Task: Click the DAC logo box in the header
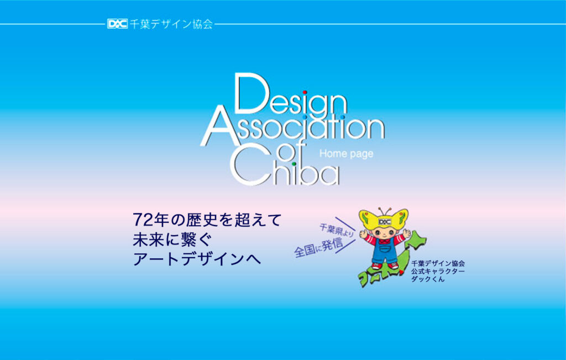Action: (117, 24)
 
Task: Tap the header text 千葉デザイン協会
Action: (171, 24)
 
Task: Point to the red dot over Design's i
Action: (305, 92)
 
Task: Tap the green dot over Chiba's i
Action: (294, 164)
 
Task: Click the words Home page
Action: (346, 154)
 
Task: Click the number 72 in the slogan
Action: (141, 219)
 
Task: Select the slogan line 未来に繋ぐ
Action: (171, 239)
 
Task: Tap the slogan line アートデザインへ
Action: (197, 259)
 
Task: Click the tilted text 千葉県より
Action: (337, 230)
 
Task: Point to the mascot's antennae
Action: (385, 212)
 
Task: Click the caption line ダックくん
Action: (428, 279)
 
